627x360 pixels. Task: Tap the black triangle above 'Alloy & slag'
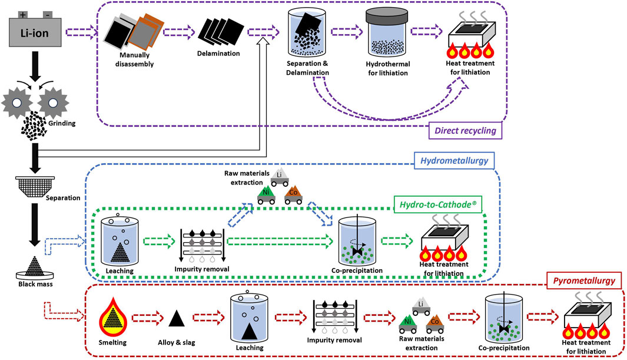[x=175, y=319]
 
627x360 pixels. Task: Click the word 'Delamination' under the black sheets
[x=218, y=54]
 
